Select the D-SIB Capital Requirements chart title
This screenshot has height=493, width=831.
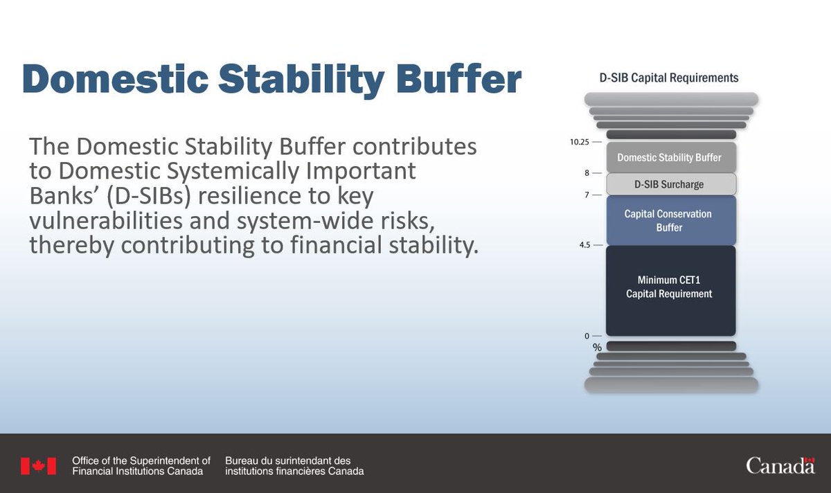click(x=668, y=78)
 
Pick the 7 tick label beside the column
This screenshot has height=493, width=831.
click(x=587, y=195)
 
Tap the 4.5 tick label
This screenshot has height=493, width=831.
click(x=583, y=244)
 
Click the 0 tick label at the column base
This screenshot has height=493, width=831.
click(x=587, y=336)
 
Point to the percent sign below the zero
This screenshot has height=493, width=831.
click(x=597, y=348)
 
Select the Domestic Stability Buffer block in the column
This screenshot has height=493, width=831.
click(x=670, y=157)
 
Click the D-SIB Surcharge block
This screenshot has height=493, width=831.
click(x=670, y=184)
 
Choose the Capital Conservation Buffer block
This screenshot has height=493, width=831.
click(x=670, y=220)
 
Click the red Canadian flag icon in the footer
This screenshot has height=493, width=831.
click(x=38, y=466)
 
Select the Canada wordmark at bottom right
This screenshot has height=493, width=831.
click(x=780, y=466)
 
